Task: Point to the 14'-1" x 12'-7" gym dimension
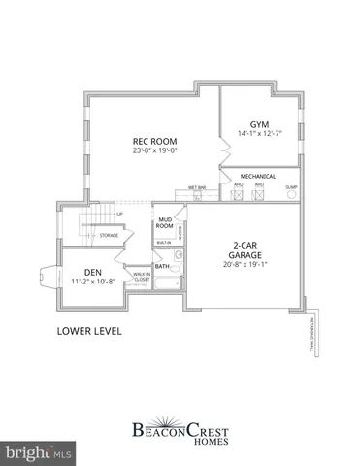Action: (x=258, y=134)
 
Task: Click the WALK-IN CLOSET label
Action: (x=140, y=279)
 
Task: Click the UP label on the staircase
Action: (x=119, y=214)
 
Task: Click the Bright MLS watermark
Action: (x=39, y=452)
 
